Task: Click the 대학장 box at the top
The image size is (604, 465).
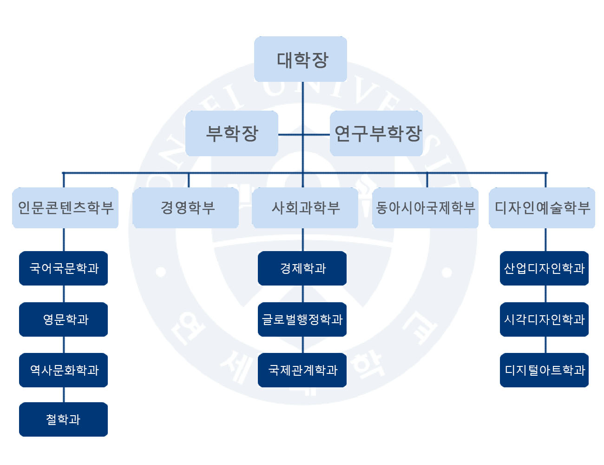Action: pyautogui.click(x=301, y=59)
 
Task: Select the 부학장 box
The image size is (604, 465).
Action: pyautogui.click(x=231, y=133)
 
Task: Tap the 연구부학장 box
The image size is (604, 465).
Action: pyautogui.click(x=376, y=133)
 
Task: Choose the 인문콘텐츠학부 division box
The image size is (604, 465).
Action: pyautogui.click(x=65, y=208)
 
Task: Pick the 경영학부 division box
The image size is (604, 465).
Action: pyautogui.click(x=186, y=208)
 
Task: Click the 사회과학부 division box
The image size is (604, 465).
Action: pyautogui.click(x=305, y=208)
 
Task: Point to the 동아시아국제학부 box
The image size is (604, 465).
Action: pyautogui.click(x=425, y=208)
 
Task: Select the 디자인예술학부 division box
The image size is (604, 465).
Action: pyautogui.click(x=542, y=208)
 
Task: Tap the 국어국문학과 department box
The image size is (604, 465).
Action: pyautogui.click(x=63, y=268)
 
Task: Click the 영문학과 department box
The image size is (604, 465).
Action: pyautogui.click(x=63, y=319)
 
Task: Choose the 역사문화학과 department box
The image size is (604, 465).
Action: pyautogui.click(x=63, y=370)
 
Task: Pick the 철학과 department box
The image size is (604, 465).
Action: pyautogui.click(x=63, y=419)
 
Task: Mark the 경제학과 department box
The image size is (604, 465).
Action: pyautogui.click(x=302, y=268)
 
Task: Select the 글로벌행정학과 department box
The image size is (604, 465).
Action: pyautogui.click(x=302, y=319)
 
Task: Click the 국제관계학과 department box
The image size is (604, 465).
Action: pyautogui.click(x=302, y=370)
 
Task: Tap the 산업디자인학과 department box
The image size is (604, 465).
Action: pyautogui.click(x=544, y=268)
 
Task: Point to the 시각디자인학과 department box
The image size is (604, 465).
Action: pyautogui.click(x=544, y=319)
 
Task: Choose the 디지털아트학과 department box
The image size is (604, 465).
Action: pyautogui.click(x=544, y=370)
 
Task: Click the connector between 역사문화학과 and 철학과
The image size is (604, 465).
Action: pyautogui.click(x=64, y=395)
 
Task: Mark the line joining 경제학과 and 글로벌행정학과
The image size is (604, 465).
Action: pyautogui.click(x=302, y=294)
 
